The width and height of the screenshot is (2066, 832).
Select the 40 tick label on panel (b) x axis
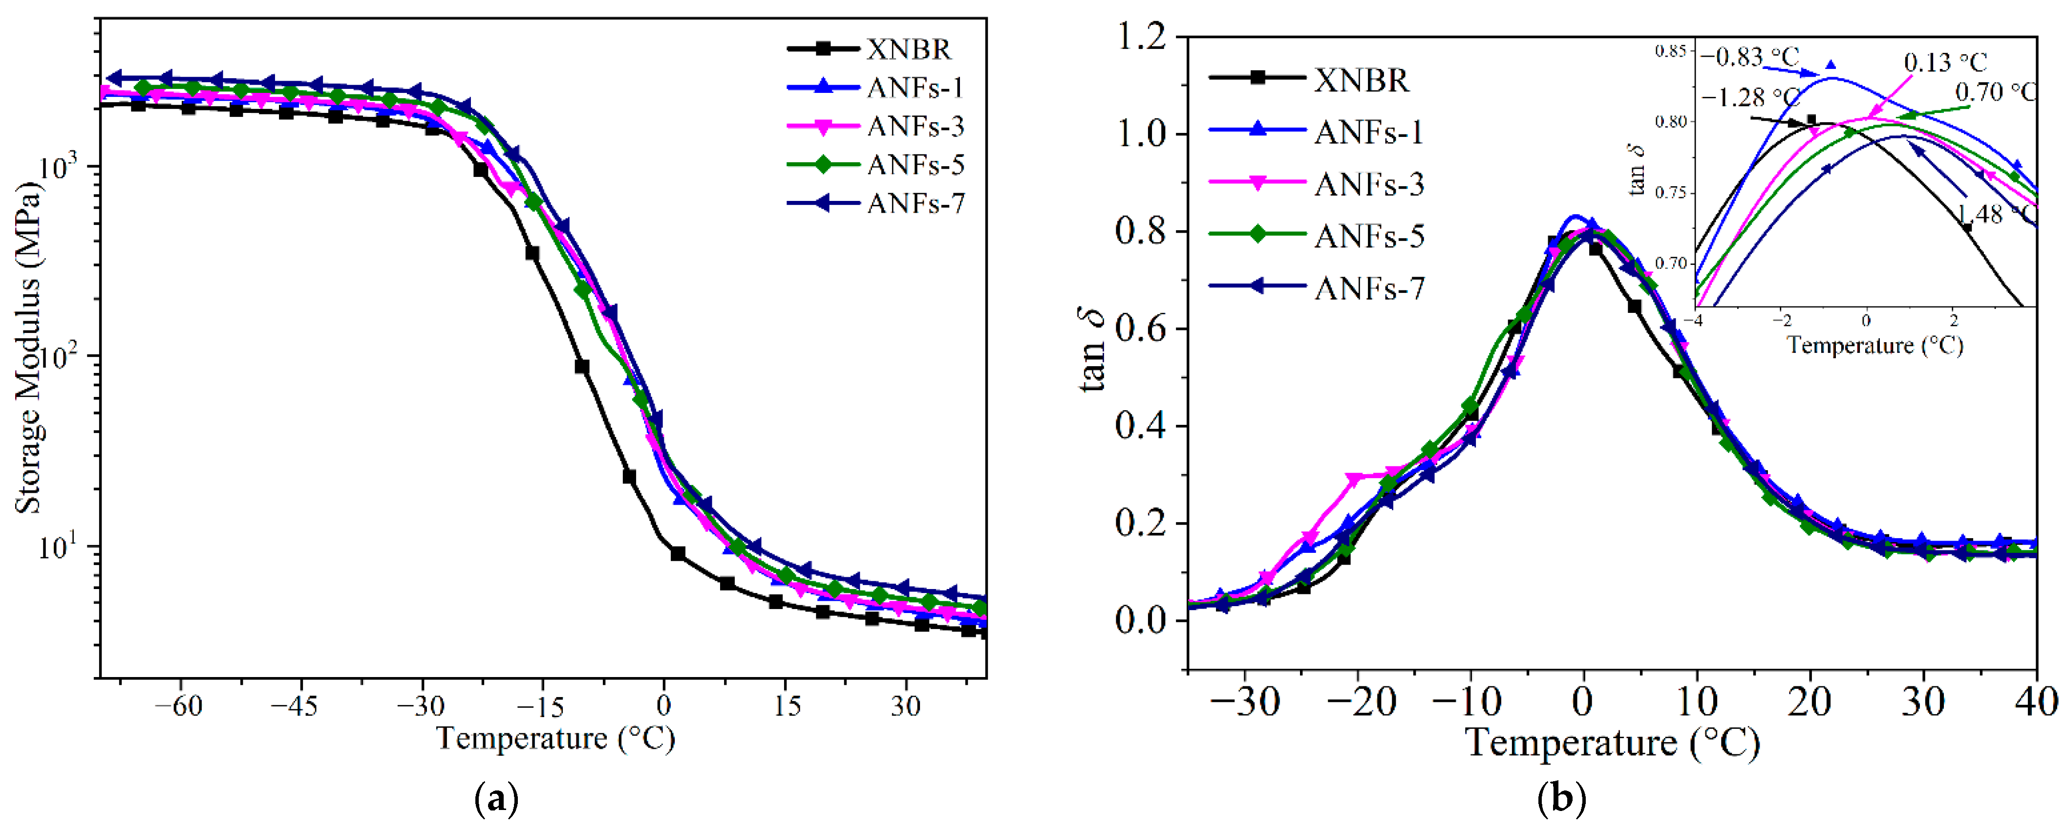tap(2036, 703)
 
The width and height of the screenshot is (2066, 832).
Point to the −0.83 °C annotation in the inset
tap(1748, 58)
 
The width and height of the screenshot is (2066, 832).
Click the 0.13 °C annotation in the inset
tap(1945, 63)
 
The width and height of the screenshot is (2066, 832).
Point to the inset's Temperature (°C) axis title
tap(1874, 346)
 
